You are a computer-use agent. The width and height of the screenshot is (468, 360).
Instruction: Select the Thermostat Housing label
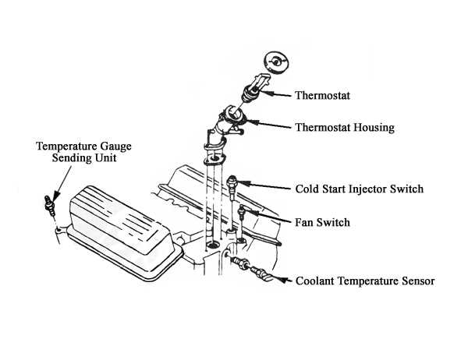pos(344,126)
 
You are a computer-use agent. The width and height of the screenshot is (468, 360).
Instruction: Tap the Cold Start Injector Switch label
pos(360,189)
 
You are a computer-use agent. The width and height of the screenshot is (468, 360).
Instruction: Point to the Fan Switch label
pos(323,222)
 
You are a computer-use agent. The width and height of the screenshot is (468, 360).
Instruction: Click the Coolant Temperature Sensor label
pos(364,281)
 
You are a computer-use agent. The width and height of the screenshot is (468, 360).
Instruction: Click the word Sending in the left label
pos(59,157)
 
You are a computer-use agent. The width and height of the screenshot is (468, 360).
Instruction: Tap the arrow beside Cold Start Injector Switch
pos(265,187)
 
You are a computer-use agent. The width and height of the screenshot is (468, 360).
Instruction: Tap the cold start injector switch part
pos(232,184)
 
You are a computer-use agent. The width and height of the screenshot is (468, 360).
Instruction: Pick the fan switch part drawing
pos(243,209)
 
